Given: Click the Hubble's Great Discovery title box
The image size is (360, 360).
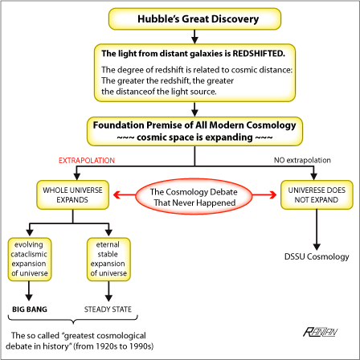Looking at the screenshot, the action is (194, 18).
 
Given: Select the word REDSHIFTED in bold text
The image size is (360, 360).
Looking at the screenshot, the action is (259, 54).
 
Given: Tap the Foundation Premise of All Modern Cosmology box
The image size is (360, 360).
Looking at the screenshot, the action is (194, 131).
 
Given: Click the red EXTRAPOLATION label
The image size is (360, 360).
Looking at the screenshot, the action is (87, 161).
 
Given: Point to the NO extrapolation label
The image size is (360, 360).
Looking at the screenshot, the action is (302, 160).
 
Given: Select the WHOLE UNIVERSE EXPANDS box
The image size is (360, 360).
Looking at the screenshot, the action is (72, 194).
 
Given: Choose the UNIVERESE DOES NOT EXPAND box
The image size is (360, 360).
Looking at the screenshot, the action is (317, 194).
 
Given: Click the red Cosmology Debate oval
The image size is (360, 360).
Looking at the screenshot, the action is (194, 197).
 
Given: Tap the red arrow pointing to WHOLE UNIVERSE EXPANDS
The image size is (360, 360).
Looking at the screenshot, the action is (125, 194).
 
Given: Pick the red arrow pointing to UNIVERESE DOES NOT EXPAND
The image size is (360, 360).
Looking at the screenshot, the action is (264, 194).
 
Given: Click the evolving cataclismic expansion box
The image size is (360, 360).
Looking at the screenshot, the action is (30, 259).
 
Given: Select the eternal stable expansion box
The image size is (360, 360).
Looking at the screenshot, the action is (108, 259).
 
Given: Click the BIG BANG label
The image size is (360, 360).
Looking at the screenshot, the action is (30, 309).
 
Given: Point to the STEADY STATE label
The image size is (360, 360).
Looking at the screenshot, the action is (108, 309).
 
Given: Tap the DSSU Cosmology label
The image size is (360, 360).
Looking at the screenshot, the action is (317, 256).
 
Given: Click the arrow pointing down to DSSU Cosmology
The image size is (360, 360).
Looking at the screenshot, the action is (317, 230).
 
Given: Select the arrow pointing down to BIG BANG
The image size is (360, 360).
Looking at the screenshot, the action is (29, 291).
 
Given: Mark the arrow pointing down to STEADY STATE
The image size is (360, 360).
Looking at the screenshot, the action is (108, 291).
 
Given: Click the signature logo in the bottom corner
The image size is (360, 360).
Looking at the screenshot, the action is (321, 332).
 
